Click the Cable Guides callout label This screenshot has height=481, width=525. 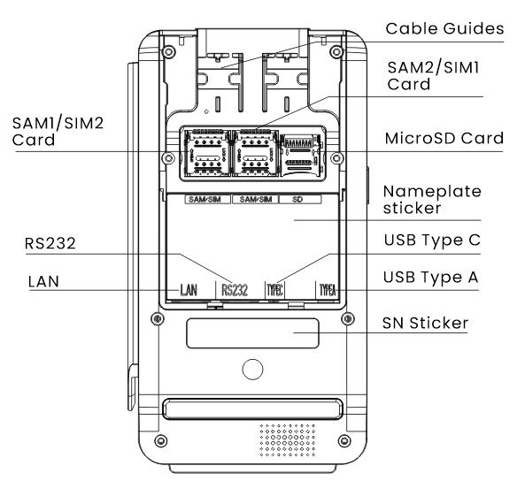444,29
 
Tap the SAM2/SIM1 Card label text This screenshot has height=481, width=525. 433,75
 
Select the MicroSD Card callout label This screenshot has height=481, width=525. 444,139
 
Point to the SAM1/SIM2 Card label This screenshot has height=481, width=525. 58,132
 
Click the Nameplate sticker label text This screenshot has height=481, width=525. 432,200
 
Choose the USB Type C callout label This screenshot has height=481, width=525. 432,240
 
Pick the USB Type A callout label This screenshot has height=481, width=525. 430,277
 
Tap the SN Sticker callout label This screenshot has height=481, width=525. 425,323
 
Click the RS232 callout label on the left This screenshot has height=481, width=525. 50,243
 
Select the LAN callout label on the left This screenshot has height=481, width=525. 43,281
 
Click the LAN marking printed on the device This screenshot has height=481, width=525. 189,290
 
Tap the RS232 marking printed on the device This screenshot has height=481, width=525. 235,290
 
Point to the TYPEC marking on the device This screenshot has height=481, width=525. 274,290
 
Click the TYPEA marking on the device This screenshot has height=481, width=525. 327,290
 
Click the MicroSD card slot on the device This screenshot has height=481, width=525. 300,155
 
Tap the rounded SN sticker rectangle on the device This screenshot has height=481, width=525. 252,333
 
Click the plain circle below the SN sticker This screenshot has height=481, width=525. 252,370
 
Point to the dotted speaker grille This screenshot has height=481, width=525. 287,440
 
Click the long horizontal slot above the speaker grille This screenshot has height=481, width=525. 252,408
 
